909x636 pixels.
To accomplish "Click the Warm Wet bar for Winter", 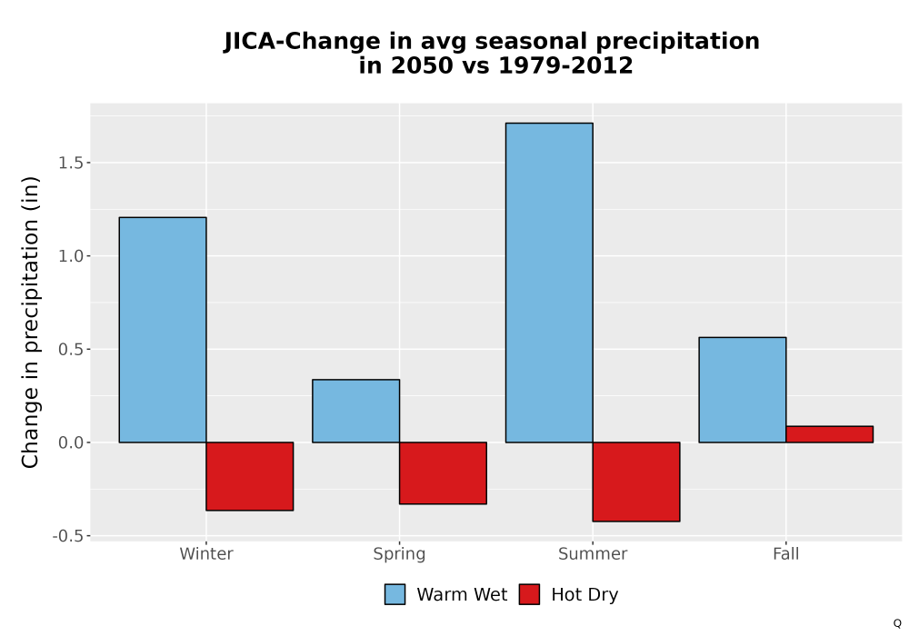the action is [163, 330].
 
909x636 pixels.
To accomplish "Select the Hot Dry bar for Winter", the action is [250, 476].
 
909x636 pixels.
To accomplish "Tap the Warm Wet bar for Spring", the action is [356, 411].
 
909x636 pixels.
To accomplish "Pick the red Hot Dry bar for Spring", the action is [443, 473].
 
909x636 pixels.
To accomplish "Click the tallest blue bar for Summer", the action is [549, 283].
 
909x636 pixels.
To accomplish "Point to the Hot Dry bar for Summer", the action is [636, 482].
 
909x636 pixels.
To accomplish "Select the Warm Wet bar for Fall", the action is [743, 390].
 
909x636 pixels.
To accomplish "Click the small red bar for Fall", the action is [830, 434].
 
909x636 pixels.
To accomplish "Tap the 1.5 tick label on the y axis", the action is [70, 163].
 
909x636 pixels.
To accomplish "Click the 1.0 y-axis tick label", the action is [70, 256].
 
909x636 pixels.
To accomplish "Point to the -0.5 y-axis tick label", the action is [68, 536].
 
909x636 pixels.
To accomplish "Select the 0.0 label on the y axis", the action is [70, 442].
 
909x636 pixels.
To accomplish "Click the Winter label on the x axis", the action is [206, 553].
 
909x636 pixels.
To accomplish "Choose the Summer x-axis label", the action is [593, 553].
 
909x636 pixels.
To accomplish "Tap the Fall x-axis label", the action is [786, 553].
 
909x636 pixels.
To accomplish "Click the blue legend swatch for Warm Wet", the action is [395, 594].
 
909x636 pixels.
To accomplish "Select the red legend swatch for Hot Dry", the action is [529, 594].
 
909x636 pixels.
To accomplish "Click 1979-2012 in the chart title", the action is [565, 65].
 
